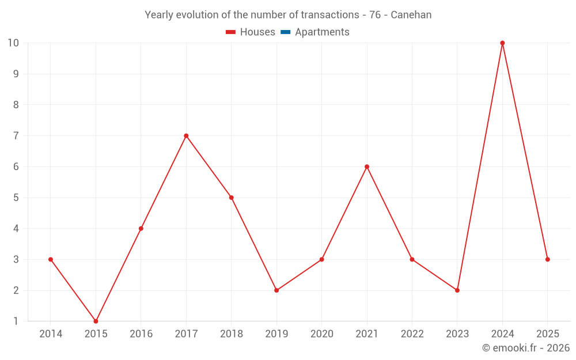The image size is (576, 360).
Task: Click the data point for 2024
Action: tap(502, 43)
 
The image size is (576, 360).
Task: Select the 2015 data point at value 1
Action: tap(96, 321)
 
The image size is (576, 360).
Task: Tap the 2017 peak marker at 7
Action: tap(186, 136)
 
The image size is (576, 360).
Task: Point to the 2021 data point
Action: tap(367, 166)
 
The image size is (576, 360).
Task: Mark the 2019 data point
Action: tap(276, 290)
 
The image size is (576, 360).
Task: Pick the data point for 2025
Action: tap(547, 259)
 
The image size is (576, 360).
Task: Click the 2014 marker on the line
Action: tap(51, 259)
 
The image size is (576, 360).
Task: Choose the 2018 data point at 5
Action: tap(231, 198)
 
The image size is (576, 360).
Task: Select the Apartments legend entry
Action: tap(322, 32)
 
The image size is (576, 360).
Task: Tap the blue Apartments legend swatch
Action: tap(285, 32)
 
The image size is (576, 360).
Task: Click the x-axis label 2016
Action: tap(141, 334)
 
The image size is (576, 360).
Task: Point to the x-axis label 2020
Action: tap(321, 334)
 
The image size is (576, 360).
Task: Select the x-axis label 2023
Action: tap(457, 334)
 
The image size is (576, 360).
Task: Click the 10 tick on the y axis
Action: tap(13, 43)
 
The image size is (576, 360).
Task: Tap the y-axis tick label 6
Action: tap(16, 166)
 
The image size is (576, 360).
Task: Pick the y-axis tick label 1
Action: tap(16, 321)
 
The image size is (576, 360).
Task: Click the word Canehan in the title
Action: tap(411, 15)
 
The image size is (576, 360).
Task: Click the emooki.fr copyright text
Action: tap(525, 348)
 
